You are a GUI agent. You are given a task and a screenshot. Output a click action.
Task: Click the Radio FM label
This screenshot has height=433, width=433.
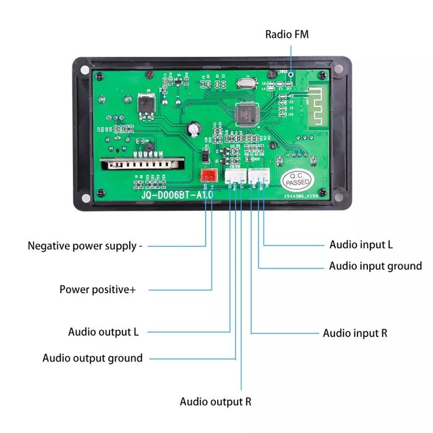[x=287, y=34]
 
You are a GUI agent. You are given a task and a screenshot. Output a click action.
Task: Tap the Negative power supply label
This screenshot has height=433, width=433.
[x=85, y=246]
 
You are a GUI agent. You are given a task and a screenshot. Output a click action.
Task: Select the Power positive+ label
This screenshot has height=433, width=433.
[x=98, y=289]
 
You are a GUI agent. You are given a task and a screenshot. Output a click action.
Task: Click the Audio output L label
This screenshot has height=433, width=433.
[x=103, y=332]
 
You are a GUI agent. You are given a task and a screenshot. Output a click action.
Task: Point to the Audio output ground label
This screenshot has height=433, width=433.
[x=92, y=358]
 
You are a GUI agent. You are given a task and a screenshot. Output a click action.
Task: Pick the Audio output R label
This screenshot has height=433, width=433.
[x=215, y=401]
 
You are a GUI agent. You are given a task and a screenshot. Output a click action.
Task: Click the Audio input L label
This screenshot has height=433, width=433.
[x=361, y=244]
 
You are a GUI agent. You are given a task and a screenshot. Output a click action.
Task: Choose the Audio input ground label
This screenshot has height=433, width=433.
[x=375, y=266]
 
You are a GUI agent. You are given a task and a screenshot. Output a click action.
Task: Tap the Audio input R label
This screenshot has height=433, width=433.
[x=355, y=333]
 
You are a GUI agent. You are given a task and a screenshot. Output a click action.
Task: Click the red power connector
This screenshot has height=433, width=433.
[x=208, y=175]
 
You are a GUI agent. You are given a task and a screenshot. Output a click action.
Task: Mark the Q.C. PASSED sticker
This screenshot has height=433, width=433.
[x=296, y=180]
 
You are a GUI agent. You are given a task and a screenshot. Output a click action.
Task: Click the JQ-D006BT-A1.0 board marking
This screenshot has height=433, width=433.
[x=177, y=195]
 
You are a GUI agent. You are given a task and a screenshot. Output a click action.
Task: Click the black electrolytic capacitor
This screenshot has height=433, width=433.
[x=195, y=127]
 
